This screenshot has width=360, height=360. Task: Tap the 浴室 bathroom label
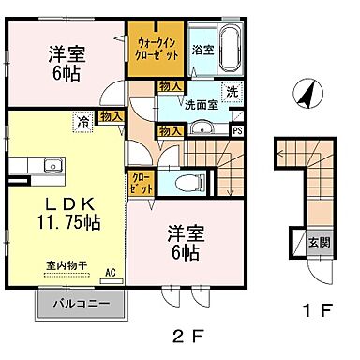[202, 49]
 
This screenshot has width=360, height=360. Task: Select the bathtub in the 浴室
[230, 48]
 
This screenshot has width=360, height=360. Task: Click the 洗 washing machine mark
[232, 92]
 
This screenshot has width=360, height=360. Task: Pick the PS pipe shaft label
[237, 130]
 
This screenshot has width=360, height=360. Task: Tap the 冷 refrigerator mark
[83, 121]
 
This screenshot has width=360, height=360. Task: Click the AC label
[110, 273]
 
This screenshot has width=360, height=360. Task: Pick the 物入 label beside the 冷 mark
[110, 116]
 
